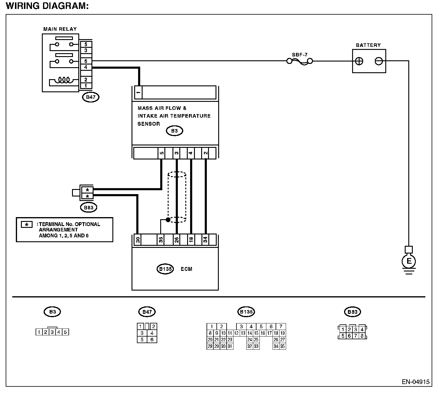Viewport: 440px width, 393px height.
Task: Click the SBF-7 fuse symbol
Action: point(300,62)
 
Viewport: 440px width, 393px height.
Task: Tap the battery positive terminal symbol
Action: point(359,61)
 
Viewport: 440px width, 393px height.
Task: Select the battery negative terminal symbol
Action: point(379,61)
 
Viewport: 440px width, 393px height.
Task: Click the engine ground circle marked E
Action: point(409,261)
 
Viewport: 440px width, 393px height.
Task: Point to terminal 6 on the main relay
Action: point(86,61)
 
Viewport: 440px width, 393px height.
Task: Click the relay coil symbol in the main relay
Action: point(64,80)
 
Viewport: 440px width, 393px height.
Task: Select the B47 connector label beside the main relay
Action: point(91,97)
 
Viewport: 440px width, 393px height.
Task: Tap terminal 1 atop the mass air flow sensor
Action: point(138,93)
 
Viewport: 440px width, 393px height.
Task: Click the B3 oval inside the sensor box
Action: point(175,131)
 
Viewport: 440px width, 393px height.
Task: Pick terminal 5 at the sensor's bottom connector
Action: point(161,153)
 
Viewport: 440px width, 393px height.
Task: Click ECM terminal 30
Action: point(138,240)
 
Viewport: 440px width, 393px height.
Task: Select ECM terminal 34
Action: point(205,240)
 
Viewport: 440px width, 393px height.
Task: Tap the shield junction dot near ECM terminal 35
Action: point(168,220)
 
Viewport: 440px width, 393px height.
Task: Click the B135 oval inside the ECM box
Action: point(165,269)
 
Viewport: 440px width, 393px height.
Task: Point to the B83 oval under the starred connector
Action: point(88,208)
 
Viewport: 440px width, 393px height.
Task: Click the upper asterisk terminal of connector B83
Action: point(87,190)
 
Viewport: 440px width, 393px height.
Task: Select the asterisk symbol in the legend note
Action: point(27,224)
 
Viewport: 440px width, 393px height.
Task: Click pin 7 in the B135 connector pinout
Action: point(281,326)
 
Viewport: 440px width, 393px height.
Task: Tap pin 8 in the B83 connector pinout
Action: point(362,336)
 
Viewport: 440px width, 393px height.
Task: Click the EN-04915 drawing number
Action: point(415,382)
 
